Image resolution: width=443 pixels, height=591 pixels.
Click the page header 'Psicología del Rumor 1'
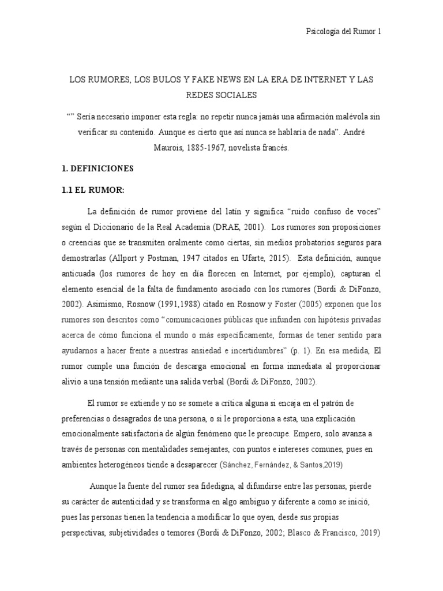tap(343, 32)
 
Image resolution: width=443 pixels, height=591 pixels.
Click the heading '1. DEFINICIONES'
tap(97, 169)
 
